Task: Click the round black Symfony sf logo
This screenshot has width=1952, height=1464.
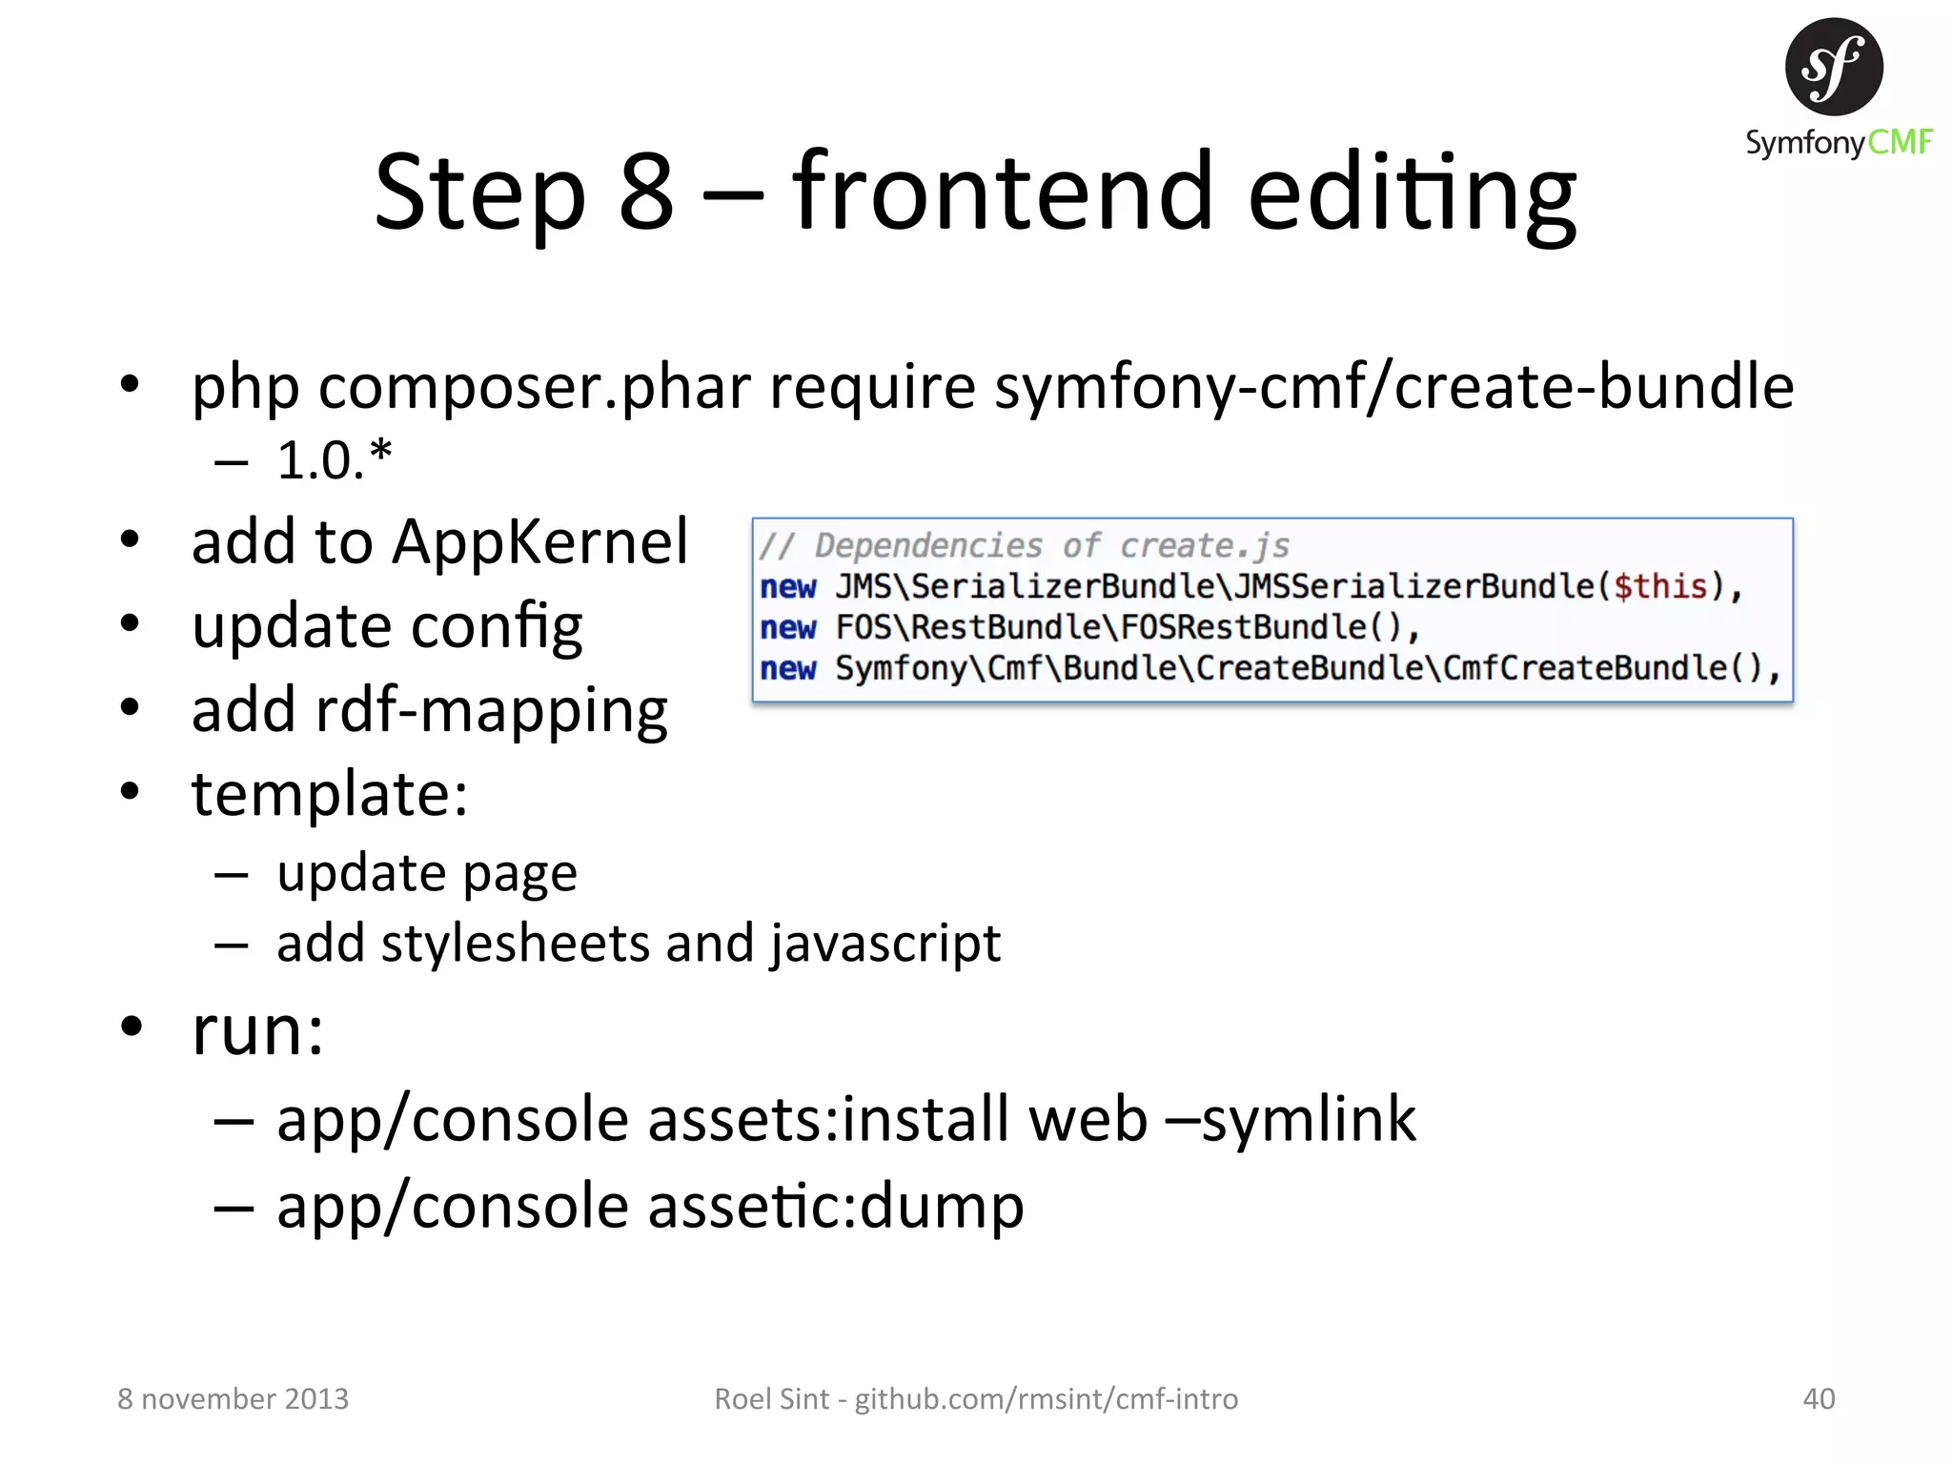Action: pyautogui.click(x=1833, y=67)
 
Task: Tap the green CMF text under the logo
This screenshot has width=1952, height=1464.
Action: pyautogui.click(x=1900, y=143)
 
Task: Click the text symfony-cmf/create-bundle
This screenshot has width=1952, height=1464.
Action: pyautogui.click(x=1393, y=388)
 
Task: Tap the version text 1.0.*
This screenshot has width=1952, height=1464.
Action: pyautogui.click(x=334, y=460)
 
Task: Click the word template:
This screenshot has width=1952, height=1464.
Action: pyautogui.click(x=330, y=794)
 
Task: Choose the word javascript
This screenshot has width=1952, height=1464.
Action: pyautogui.click(x=885, y=944)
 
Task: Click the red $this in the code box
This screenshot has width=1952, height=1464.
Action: pyautogui.click(x=1659, y=586)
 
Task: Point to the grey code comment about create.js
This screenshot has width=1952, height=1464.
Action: pyautogui.click(x=1025, y=546)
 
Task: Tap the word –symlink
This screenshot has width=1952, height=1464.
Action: pyautogui.click(x=1291, y=1119)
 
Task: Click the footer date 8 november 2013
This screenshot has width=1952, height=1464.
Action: pyautogui.click(x=234, y=1399)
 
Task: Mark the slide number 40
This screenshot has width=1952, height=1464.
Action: pyautogui.click(x=1819, y=1399)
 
